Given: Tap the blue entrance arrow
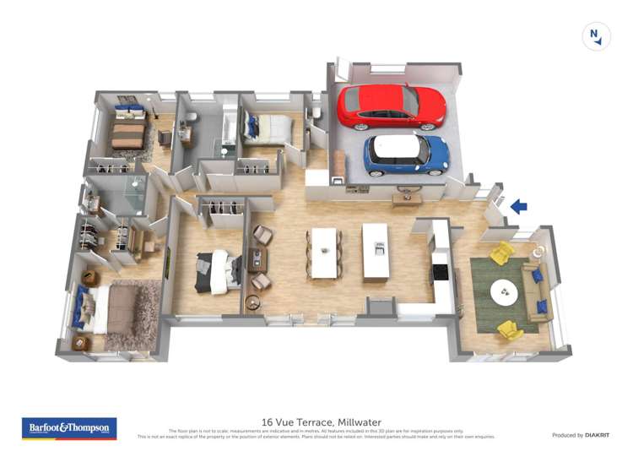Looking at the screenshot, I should [x=519, y=205].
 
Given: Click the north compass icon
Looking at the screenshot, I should [x=597, y=36].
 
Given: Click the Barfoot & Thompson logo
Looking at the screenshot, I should [x=69, y=428].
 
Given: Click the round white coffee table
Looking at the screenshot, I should [x=506, y=292].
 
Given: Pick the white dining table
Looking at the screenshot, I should [x=324, y=252].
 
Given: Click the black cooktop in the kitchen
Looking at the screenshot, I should [x=440, y=272].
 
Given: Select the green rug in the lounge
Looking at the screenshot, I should [x=502, y=295].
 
